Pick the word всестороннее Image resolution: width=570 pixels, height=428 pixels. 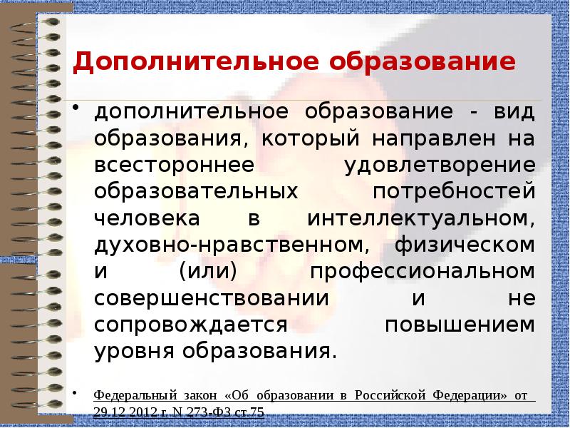pos(175,165)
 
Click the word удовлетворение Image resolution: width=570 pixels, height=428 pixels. pos(440,165)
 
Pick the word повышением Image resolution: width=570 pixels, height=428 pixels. pos(460,324)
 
